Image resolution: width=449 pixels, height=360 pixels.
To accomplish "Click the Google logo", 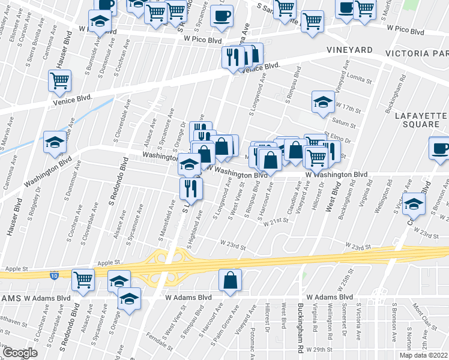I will tap(20, 353).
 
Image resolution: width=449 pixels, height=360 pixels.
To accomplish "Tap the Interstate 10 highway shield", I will tap(55, 275).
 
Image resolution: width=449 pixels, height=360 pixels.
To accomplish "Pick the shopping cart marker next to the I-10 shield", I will tap(83, 278).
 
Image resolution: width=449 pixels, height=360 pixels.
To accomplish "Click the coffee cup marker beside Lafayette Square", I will tap(439, 148).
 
